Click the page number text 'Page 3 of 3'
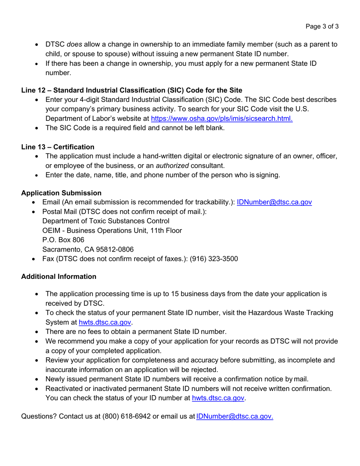coord(322,27)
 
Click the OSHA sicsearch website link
coord(222,118)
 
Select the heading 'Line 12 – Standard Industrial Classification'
coord(131,90)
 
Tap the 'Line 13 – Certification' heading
coord(58,147)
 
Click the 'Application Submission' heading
coord(61,193)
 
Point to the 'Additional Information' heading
coord(59,277)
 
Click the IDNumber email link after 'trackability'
coord(274,202)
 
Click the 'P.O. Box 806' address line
coord(63,240)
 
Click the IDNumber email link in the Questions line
coord(235,417)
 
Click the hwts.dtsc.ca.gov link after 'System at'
coord(105,322)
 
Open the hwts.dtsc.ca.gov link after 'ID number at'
coord(218,398)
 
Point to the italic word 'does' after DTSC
coord(74,44)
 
